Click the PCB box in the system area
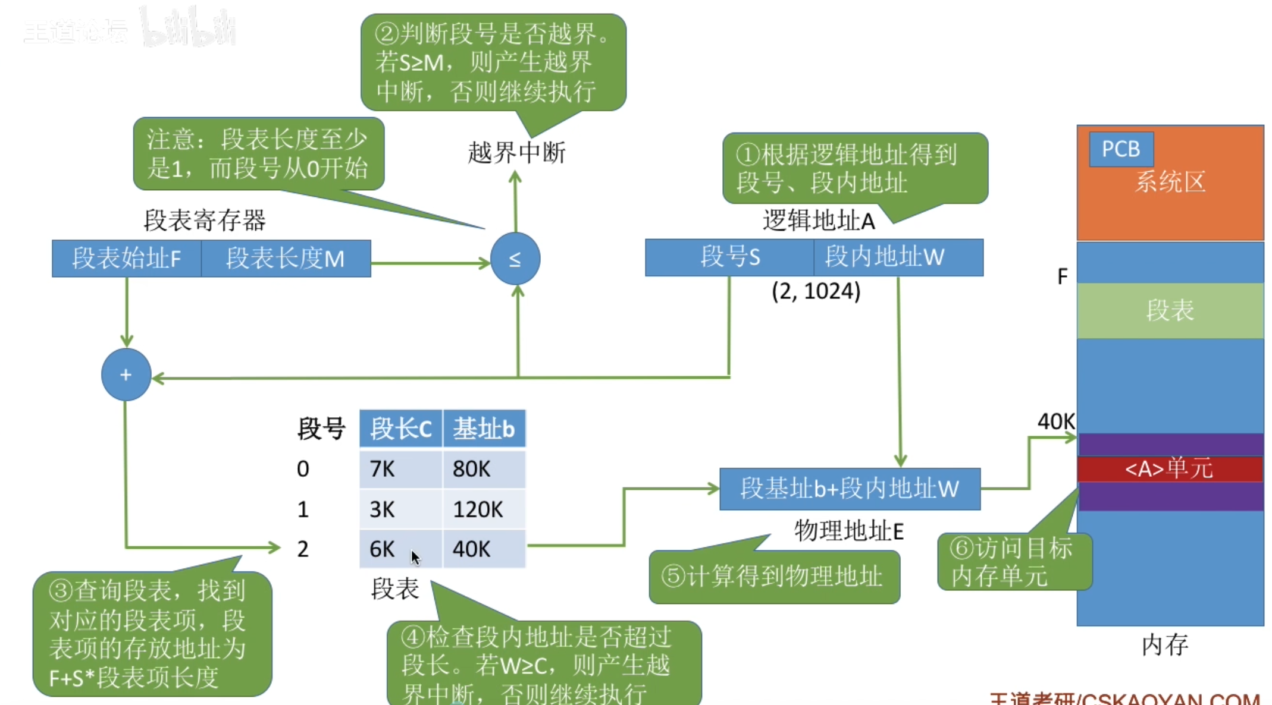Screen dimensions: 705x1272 tap(1121, 149)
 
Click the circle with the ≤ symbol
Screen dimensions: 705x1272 tap(515, 259)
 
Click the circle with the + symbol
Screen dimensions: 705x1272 tap(126, 374)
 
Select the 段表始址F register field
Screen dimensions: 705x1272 tap(127, 259)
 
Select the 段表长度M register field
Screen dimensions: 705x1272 tap(286, 259)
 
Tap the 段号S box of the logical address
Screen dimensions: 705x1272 tap(729, 257)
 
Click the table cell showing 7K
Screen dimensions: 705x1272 tap(400, 469)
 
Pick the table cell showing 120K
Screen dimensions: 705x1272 tap(484, 509)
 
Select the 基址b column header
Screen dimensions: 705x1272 tap(484, 429)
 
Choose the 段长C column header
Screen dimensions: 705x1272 tap(400, 429)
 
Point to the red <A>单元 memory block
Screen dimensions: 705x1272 tap(1170, 469)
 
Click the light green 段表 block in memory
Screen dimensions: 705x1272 tap(1170, 310)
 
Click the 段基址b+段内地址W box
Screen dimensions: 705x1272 tap(850, 489)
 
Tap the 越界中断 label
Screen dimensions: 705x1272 tap(516, 153)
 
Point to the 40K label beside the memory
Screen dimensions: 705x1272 tap(1055, 421)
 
